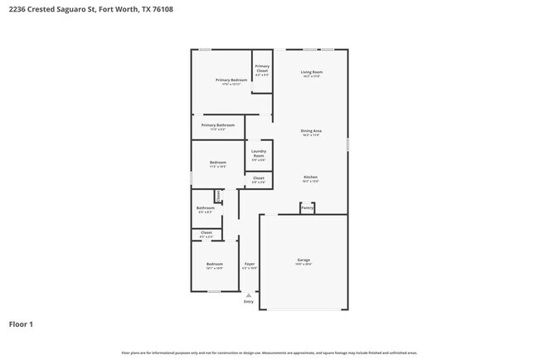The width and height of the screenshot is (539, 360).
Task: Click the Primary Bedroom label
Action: [x=232, y=80]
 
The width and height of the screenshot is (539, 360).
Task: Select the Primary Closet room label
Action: [x=261, y=69]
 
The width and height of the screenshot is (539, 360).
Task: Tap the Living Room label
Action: [x=311, y=73]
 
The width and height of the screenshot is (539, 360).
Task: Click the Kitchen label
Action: [x=310, y=178]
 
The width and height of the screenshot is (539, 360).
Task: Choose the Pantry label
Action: [x=307, y=208]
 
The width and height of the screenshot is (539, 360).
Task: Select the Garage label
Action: [x=303, y=260]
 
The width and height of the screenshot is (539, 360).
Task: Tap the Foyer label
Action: [x=249, y=265]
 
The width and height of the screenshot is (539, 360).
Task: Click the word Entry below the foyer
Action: [x=248, y=301]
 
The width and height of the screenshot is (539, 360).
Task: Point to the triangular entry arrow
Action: [x=248, y=294]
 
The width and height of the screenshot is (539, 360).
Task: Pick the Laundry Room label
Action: [x=258, y=153]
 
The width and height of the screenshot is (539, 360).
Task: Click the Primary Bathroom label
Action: [x=217, y=125]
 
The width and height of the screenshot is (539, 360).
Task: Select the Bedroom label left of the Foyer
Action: [x=214, y=265]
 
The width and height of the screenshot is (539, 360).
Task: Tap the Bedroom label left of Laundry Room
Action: [x=218, y=162]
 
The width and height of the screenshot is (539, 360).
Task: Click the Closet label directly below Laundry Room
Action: [x=258, y=178]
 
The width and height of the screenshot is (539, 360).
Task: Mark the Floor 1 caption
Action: [x=22, y=324]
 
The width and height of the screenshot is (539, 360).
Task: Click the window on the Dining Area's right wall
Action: [x=347, y=144]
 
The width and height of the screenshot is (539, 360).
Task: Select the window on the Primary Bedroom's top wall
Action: [x=204, y=49]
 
